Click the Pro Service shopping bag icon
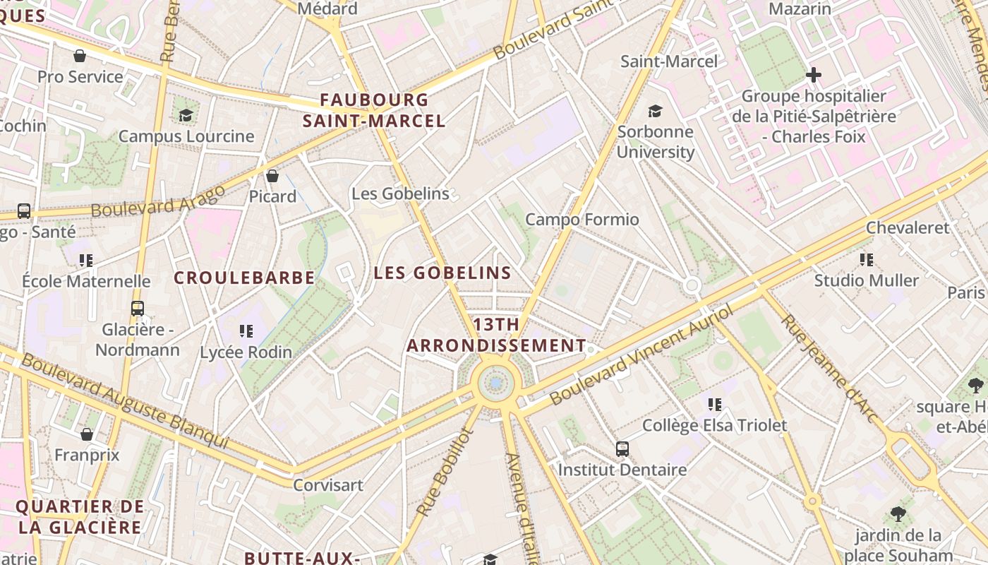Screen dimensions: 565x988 (x=80, y=56)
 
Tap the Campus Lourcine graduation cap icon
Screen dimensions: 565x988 (x=186, y=115)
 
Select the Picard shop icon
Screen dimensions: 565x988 (x=272, y=176)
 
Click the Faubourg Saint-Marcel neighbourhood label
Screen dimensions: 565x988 (x=374, y=110)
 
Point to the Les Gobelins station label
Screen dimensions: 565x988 (x=400, y=194)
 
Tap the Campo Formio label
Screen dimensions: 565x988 (x=582, y=220)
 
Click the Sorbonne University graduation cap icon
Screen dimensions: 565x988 (x=656, y=111)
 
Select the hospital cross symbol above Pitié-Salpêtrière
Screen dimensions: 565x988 (x=814, y=74)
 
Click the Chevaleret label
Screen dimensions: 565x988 (x=908, y=227)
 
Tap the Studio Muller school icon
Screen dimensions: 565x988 (x=867, y=260)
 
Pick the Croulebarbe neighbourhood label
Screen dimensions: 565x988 (x=244, y=278)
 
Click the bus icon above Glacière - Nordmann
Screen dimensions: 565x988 (x=138, y=309)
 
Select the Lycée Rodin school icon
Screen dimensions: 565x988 (x=246, y=331)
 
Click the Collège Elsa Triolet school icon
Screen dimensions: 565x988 (x=715, y=405)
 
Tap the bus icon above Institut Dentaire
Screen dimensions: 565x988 (x=622, y=449)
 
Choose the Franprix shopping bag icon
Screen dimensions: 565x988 (x=87, y=434)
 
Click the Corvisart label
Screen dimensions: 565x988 (x=328, y=485)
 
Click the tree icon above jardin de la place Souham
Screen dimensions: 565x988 (x=898, y=514)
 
